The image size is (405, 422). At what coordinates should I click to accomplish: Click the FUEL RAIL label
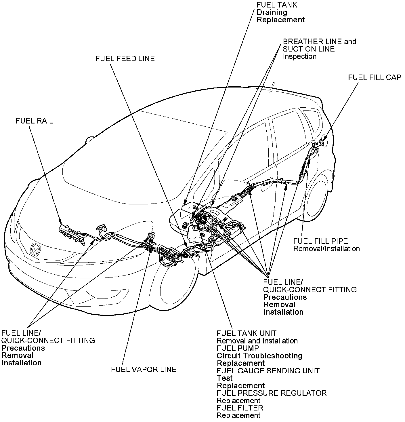[x=35, y=121]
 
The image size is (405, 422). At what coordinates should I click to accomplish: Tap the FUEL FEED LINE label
[x=125, y=59]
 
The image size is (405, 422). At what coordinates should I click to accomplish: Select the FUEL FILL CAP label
[x=374, y=78]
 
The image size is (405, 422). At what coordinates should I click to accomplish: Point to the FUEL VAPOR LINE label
[x=144, y=369]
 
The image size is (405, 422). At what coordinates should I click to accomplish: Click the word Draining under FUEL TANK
[x=272, y=12]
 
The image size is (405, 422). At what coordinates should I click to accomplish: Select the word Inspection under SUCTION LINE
[x=299, y=56]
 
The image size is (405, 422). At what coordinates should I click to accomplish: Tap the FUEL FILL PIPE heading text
[x=320, y=241]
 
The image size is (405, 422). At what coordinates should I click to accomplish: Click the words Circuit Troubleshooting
[x=259, y=356]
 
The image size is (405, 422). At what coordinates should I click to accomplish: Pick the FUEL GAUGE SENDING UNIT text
[x=268, y=371]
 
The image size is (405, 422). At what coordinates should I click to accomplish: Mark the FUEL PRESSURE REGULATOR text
[x=272, y=393]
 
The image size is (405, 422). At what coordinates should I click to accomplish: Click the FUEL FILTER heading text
[x=240, y=408]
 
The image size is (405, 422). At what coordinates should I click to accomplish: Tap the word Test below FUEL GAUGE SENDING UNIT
[x=224, y=378]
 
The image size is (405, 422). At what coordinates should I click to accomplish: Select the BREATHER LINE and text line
[x=319, y=41]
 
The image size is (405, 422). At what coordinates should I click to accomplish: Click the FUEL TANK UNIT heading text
[x=247, y=333]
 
